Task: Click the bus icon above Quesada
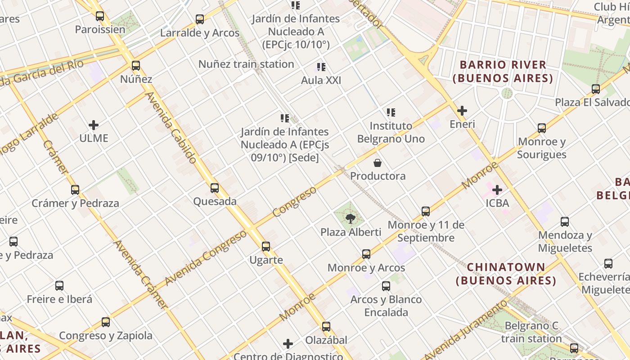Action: pos(215,188)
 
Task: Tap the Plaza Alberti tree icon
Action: pos(350,219)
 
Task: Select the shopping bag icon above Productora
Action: pos(378,162)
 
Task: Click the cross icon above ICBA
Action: pos(497,190)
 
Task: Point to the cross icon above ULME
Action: pos(94,125)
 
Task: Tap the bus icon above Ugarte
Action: pos(266,247)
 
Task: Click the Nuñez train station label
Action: pos(246,64)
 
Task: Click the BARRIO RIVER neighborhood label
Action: pos(503,72)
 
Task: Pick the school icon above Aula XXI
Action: pos(321,67)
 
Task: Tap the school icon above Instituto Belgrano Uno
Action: pos(391,112)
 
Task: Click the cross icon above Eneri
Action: pos(462,111)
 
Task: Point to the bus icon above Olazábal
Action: pos(326,327)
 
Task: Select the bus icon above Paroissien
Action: pos(100,16)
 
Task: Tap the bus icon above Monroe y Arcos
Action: pos(366,254)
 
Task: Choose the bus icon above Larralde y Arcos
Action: pos(200,19)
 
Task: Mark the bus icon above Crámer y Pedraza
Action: pos(75,190)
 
